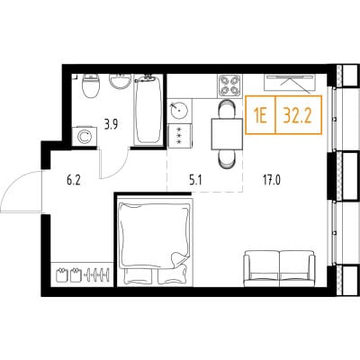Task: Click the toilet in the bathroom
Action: pos(91,85)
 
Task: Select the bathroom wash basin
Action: pos(120,81)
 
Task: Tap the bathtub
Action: pos(148,111)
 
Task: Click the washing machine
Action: pos(85,137)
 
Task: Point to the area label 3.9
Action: pos(111,124)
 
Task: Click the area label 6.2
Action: pos(74,181)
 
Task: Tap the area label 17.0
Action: pos(272,181)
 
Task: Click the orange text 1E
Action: pos(260,116)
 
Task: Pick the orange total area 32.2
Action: pos(298,116)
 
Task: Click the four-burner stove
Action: pos(229,85)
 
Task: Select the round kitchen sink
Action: pos(179,111)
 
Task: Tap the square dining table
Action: pos(227,134)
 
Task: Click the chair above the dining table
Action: pos(227,109)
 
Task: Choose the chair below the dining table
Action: pos(227,159)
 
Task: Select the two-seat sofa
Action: pos(280,268)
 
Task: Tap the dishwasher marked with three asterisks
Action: pos(179,136)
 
